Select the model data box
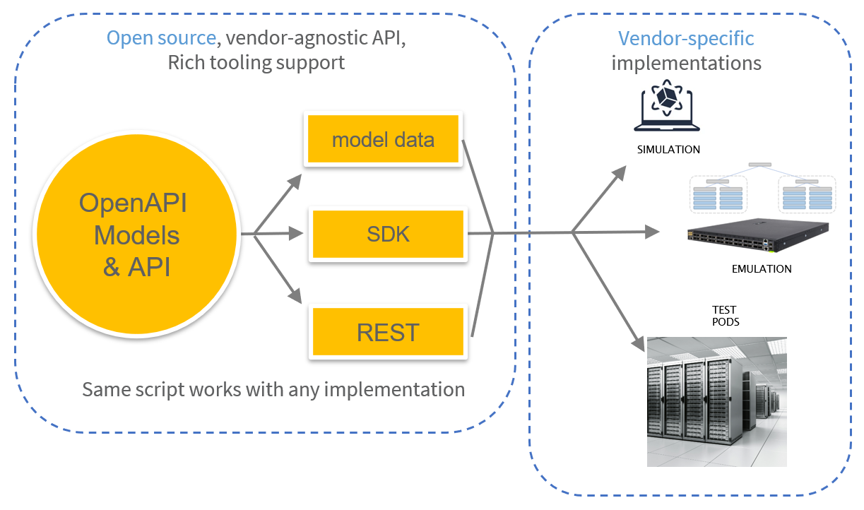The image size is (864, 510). [383, 139]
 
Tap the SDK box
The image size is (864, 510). [388, 234]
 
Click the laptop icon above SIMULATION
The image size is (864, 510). [667, 109]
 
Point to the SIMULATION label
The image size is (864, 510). [668, 150]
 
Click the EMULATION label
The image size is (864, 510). [762, 268]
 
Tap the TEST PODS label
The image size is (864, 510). [724, 316]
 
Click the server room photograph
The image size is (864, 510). [717, 401]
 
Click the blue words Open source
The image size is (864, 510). [161, 38]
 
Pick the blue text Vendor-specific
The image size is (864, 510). [686, 38]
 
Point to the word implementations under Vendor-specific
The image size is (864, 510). [686, 63]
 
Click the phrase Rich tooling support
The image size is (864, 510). [256, 63]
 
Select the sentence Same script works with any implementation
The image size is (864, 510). [273, 389]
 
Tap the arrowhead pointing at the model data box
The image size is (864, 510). [295, 182]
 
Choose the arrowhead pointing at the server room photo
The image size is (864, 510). [637, 331]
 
